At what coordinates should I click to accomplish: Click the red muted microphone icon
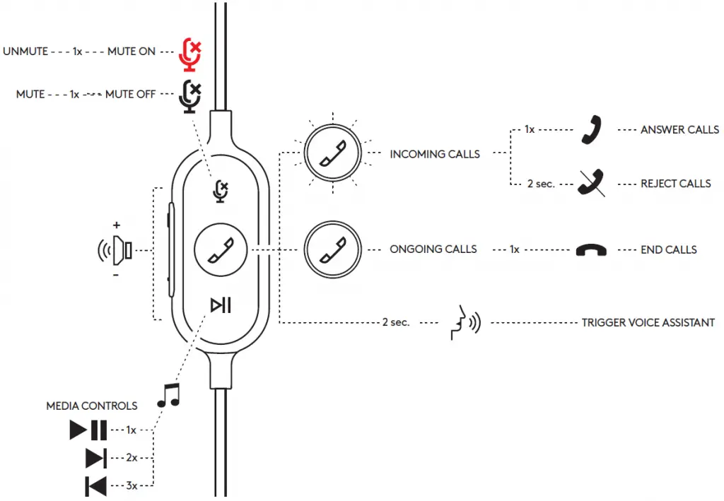pos(189,54)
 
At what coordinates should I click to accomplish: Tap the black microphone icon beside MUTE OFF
pos(189,97)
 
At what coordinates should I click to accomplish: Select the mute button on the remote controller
pos(221,190)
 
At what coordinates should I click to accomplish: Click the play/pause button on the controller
pos(221,305)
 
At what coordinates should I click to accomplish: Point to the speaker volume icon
pos(116,249)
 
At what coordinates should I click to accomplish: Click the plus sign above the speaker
pos(117,225)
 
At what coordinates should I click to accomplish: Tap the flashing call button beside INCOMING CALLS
pos(332,153)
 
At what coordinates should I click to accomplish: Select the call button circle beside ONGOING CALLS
pos(332,249)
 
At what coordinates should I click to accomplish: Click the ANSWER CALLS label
pos(679,130)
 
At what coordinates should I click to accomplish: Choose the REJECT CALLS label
pos(675,184)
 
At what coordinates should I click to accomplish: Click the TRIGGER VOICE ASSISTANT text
pos(648,323)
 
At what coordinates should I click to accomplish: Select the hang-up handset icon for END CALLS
pos(590,250)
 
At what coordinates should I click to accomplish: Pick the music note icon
pos(168,396)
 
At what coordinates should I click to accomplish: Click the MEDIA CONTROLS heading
pos(92,406)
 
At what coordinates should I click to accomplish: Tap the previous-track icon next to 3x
pos(95,486)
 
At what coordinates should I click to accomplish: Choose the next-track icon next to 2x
pos(95,458)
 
